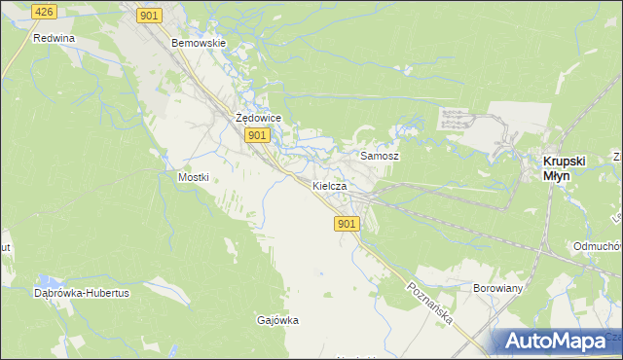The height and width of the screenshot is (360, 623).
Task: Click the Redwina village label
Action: pos(54,39)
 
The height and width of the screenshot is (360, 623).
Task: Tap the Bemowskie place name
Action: pos(199,44)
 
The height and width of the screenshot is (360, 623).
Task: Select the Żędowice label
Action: pos(259,118)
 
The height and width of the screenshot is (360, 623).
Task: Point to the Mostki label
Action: pos(194,178)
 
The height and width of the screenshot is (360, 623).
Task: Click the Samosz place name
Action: pos(380,156)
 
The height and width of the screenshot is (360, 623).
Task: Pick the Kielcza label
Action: pos(330,185)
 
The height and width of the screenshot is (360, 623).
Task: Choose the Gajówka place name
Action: pos(277,320)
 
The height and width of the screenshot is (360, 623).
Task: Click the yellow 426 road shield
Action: pos(43,11)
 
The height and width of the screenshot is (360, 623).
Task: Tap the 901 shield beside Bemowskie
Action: pos(149,15)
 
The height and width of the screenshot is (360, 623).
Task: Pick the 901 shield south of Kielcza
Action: pos(348,224)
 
